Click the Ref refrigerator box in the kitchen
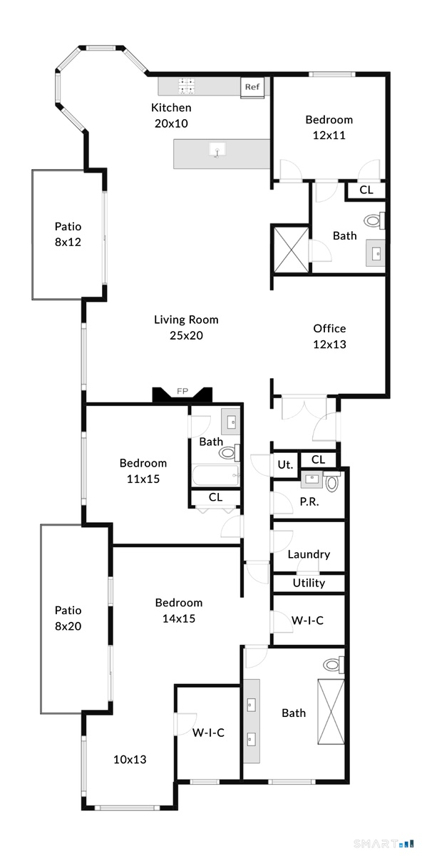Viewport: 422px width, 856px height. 252,88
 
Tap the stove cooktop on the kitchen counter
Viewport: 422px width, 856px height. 187,86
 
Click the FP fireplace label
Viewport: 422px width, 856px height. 182,391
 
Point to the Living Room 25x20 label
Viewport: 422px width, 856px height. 186,327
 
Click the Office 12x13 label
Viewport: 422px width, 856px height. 329,336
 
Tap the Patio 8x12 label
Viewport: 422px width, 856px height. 68,234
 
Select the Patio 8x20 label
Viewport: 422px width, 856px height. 68,618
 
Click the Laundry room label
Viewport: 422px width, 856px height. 309,554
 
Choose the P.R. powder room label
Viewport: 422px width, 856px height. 309,501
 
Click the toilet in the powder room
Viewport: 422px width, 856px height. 331,482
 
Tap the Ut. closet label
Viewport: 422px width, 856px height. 285,464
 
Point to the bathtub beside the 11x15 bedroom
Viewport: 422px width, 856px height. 216,475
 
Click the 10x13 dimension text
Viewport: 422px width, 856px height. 130,759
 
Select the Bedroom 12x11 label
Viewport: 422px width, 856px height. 329,127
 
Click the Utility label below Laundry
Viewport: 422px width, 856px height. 309,584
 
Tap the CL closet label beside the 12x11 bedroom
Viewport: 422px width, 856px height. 366,190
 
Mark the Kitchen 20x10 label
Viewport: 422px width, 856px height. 171,116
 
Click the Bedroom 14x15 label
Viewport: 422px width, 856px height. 179,611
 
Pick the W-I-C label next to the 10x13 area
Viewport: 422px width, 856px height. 208,733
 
